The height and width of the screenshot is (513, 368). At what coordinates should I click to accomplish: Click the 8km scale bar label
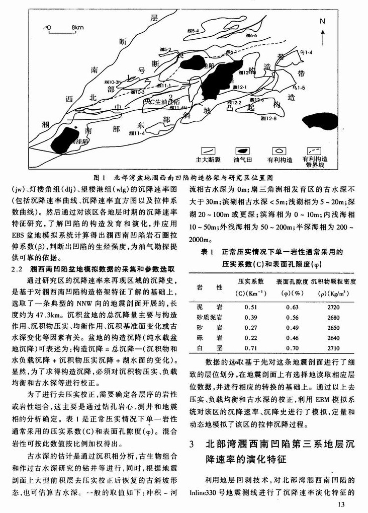tap(77, 26)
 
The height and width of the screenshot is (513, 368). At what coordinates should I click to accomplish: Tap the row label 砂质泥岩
tap(205, 317)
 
